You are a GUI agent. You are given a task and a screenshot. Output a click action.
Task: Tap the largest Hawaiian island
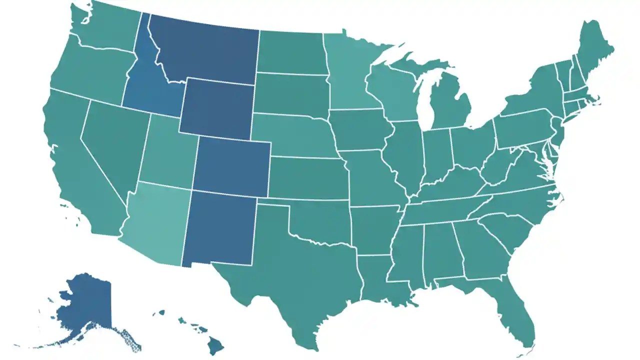pos(216,345)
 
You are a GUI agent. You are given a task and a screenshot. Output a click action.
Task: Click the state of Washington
pos(105,27)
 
